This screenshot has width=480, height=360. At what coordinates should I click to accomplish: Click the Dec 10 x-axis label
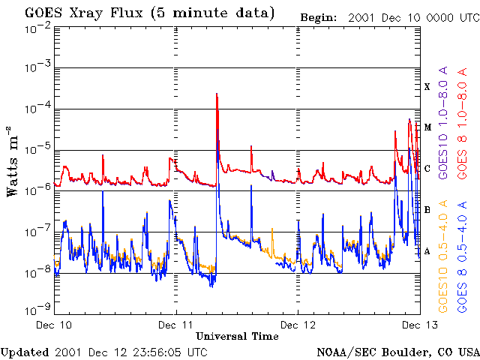point(55,325)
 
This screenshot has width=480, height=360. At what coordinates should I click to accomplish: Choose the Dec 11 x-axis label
point(176,325)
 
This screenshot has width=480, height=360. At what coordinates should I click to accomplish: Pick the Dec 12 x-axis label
point(298,325)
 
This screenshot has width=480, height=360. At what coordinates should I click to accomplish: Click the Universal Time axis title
point(237,336)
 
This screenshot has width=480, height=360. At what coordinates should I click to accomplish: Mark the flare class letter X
point(427,88)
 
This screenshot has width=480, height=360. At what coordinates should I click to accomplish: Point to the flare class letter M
point(427,127)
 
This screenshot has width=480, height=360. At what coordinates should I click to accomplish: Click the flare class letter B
point(427,209)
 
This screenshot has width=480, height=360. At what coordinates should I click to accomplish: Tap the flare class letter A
point(427,250)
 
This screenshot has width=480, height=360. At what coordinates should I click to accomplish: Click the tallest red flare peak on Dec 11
point(216,94)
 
